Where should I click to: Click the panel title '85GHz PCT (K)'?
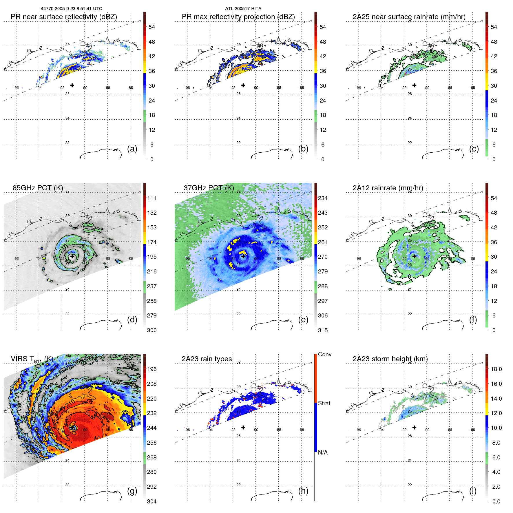point(38,188)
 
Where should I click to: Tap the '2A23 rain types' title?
point(207,359)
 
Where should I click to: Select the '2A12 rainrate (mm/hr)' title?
point(388,188)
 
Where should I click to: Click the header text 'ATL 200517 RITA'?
point(243,9)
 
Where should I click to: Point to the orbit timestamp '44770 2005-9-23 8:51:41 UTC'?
point(71,9)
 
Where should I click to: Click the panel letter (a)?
point(132,149)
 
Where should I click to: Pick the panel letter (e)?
point(303,320)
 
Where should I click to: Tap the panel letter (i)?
point(473,491)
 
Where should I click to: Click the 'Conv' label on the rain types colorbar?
point(324,354)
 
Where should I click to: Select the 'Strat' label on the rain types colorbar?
point(324,403)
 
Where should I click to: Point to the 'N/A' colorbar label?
point(323,452)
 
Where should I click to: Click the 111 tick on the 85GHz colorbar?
point(151,198)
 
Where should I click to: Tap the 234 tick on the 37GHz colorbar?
point(323,198)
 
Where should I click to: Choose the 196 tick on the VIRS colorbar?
point(151,369)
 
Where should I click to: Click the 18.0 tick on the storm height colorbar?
point(496,369)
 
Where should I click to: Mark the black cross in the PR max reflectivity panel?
point(243,85)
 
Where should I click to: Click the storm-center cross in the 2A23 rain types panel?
point(243,427)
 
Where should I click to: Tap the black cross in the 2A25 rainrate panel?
point(414,85)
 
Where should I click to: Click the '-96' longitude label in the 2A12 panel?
point(358,259)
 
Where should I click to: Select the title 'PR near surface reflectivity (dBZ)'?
point(64,17)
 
